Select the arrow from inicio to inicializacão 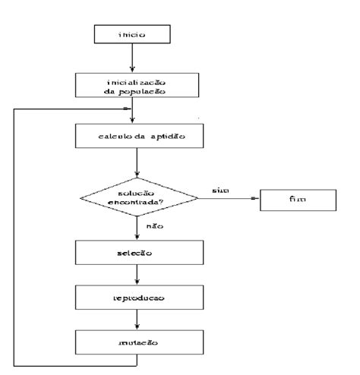134,58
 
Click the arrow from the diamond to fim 228,200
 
